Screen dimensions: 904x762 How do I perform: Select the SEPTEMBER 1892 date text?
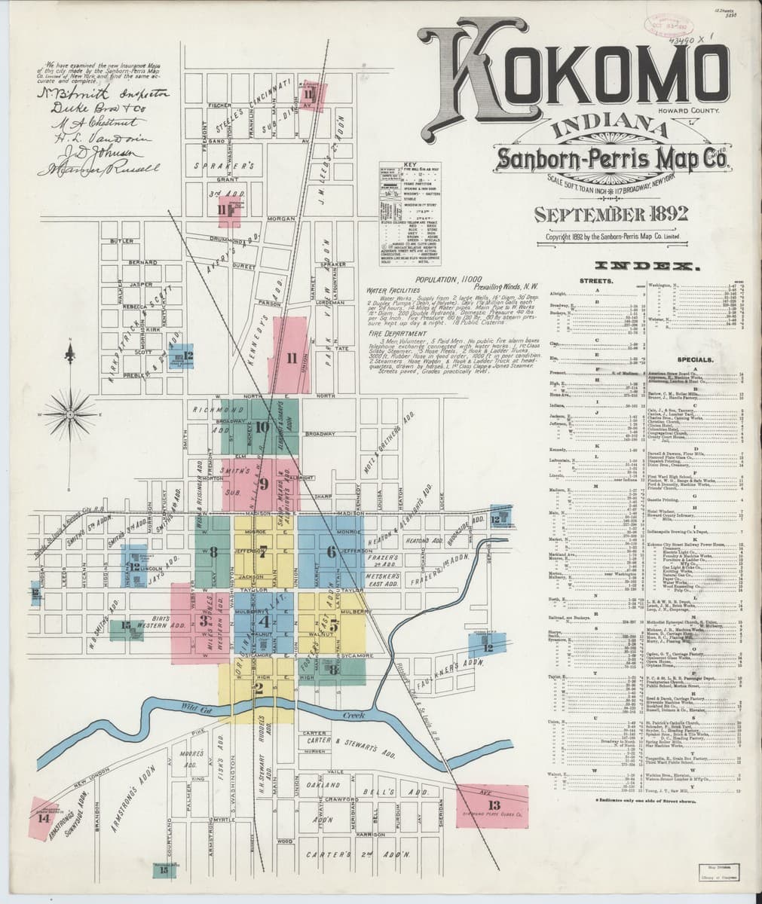[610, 214]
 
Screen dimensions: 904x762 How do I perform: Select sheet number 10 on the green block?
[262, 427]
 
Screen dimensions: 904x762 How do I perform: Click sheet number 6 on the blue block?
[330, 551]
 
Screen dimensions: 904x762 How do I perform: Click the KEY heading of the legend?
[410, 163]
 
